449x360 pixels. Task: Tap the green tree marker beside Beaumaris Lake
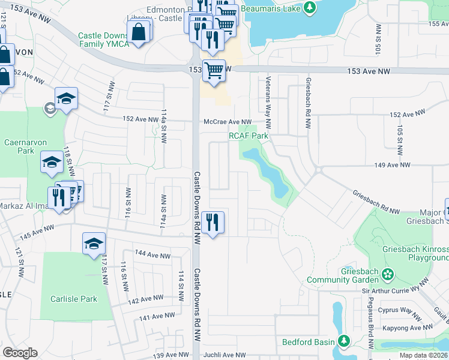(x=310, y=8)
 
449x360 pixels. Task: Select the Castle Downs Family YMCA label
(x=103, y=40)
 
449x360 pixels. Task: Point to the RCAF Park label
(x=248, y=136)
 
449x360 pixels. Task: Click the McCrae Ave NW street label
(x=228, y=122)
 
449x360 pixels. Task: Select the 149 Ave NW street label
(x=392, y=165)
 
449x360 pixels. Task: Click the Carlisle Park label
(x=73, y=299)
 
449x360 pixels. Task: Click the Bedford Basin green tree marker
(x=344, y=342)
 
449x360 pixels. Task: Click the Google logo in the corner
(x=20, y=353)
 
